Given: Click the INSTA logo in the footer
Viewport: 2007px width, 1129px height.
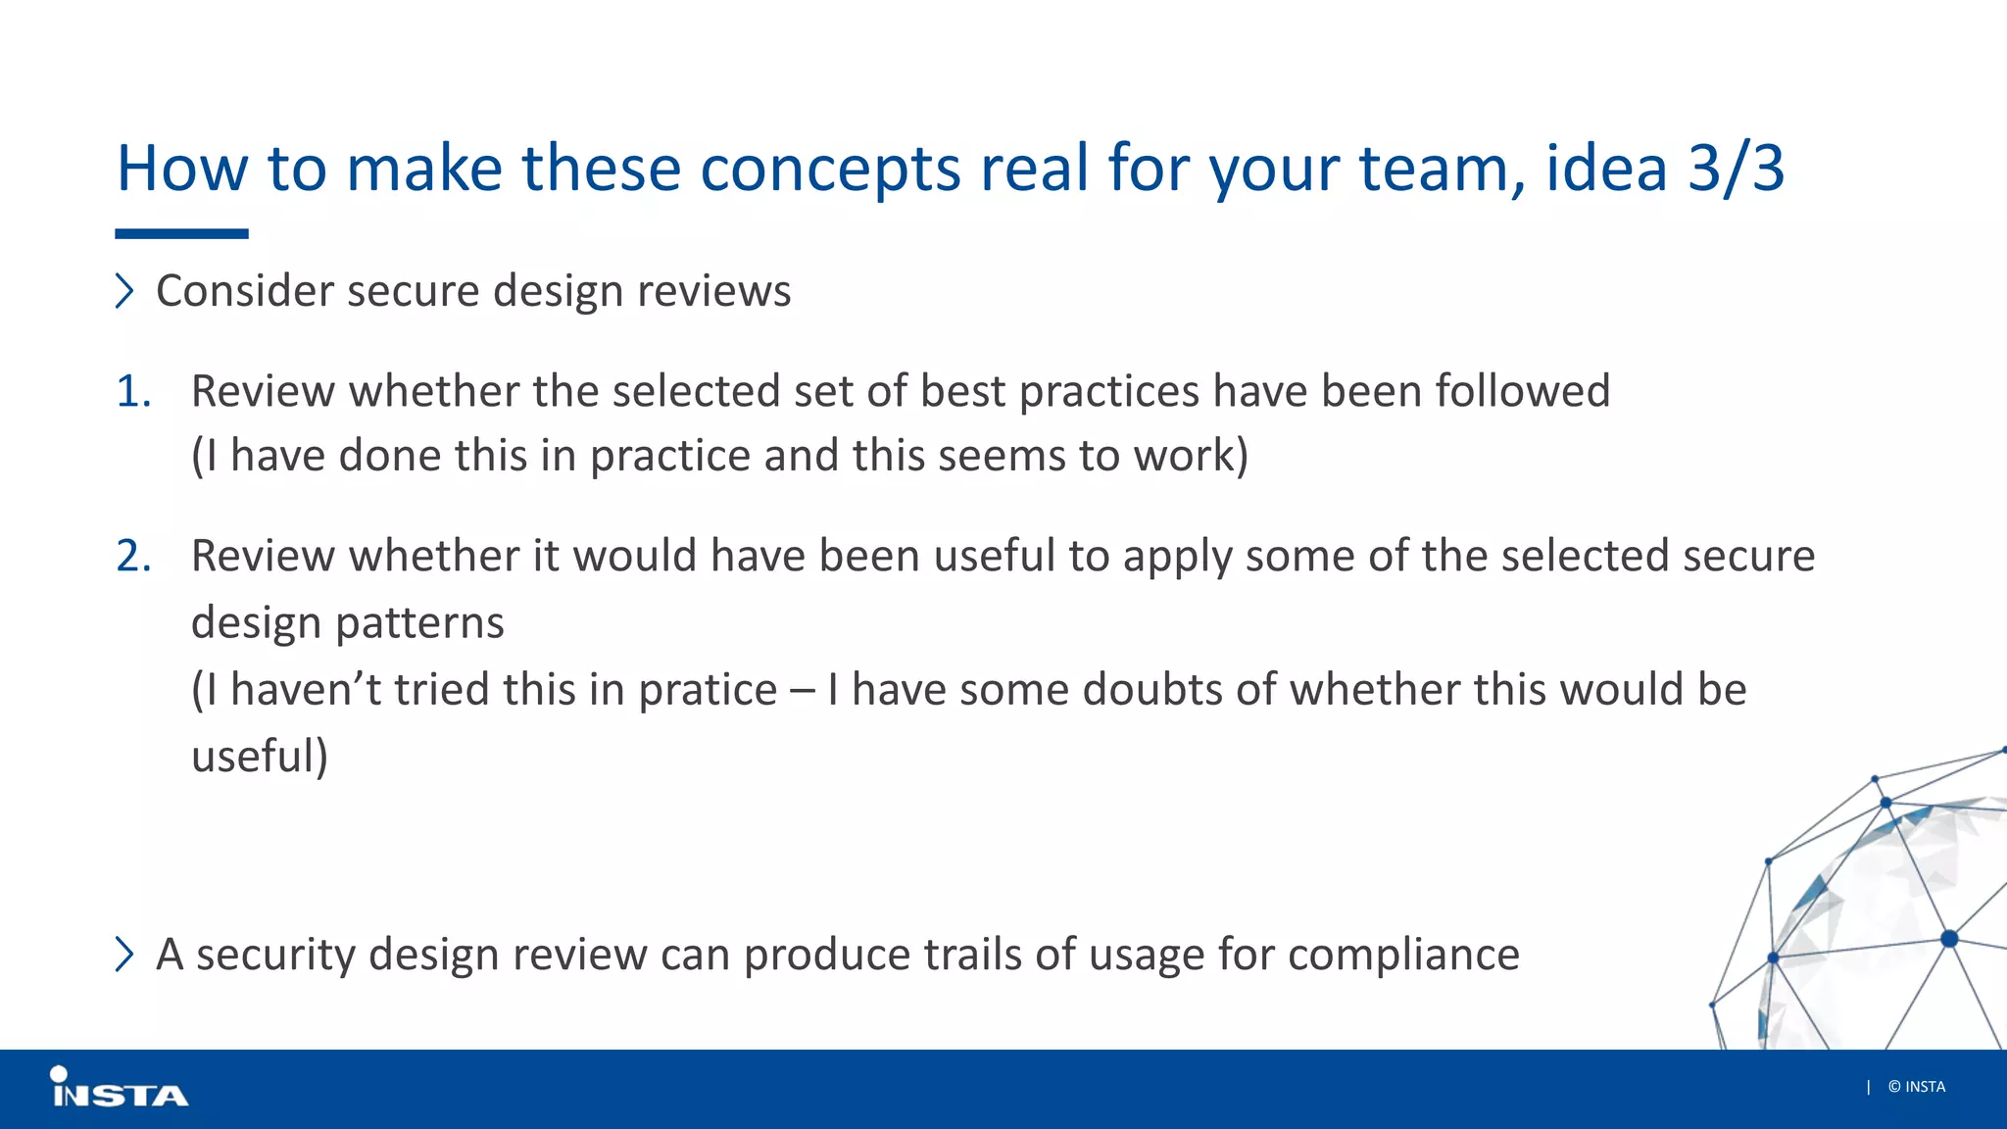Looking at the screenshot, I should (x=119, y=1088).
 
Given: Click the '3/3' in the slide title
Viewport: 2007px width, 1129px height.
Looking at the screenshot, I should (x=1736, y=168).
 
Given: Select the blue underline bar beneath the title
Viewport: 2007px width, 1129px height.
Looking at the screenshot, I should (x=181, y=234).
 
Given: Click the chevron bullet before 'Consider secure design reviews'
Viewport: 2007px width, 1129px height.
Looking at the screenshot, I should (x=124, y=291).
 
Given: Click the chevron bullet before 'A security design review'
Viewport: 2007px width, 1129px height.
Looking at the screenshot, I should (x=124, y=954).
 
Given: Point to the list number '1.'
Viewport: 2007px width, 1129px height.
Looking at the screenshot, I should (x=134, y=391).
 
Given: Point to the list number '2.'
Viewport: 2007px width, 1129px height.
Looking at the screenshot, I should (x=134, y=556).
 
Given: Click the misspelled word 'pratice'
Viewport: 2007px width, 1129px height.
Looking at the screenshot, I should (x=708, y=690).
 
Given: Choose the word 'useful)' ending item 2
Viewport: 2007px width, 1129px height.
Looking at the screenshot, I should (x=260, y=757).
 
